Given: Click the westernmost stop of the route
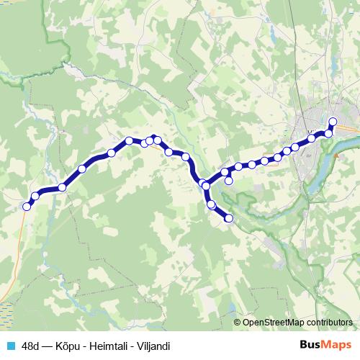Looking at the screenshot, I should tap(27, 207).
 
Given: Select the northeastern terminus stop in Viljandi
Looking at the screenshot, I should tap(333, 121).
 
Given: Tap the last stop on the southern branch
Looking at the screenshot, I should tap(230, 218).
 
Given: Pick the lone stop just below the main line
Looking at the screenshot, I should tap(229, 181).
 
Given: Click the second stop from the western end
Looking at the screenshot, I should tap(35, 196).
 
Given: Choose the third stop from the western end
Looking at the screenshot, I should tap(63, 187).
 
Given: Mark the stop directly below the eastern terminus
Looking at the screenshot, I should tap(329, 133).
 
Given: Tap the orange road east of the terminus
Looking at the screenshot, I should tap(348, 128).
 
